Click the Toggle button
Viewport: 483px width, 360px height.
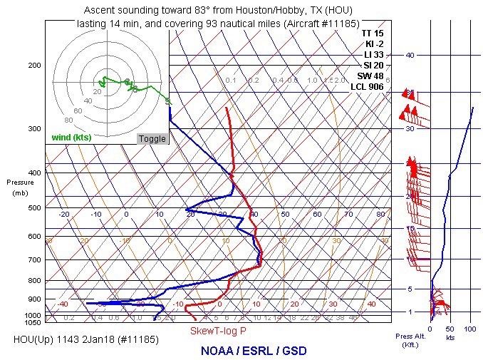[x=152, y=138]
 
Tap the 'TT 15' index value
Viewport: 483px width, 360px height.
[x=372, y=33]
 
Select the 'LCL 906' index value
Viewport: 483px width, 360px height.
[x=367, y=87]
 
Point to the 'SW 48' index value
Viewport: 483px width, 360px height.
[x=370, y=76]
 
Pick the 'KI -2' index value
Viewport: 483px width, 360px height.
[x=373, y=43]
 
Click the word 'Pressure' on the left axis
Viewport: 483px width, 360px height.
[x=20, y=182]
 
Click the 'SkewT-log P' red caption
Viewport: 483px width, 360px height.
[x=218, y=331]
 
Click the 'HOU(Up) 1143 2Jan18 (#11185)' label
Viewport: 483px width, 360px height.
[x=85, y=339]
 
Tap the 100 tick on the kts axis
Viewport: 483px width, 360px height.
[x=469, y=329]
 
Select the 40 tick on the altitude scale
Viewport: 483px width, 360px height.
[x=410, y=55]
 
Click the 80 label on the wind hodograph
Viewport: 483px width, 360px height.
[x=68, y=120]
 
